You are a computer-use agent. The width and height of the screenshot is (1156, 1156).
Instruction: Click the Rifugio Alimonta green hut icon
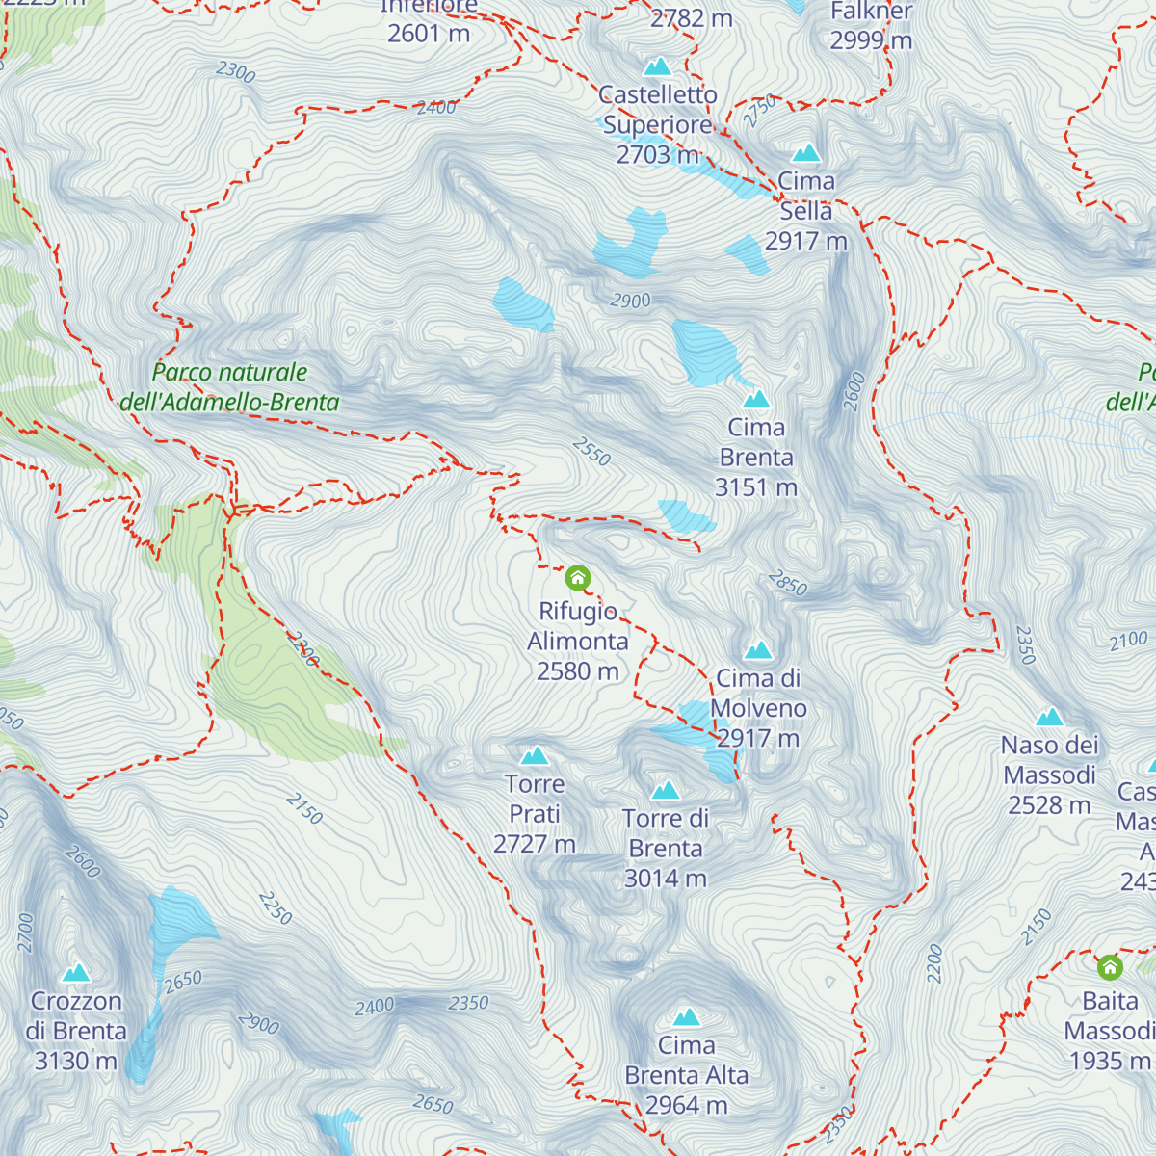pos(577,578)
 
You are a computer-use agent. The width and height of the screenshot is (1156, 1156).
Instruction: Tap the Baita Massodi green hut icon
pos(1110,966)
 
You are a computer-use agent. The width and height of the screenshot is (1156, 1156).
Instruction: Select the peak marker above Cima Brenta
pos(756,399)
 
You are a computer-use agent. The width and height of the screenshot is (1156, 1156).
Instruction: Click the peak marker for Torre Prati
pos(535,756)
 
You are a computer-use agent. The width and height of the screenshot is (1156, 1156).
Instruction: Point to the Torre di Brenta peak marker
pos(666,791)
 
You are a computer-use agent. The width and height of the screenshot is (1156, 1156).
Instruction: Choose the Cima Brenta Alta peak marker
pos(687,1017)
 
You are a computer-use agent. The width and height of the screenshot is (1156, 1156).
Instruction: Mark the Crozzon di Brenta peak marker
pos(76,973)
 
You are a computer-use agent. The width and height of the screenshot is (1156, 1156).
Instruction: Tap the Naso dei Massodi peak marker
pos(1049,718)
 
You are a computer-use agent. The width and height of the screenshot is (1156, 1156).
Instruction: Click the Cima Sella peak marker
pos(806,153)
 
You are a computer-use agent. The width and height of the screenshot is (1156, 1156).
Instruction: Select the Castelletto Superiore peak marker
pos(658,66)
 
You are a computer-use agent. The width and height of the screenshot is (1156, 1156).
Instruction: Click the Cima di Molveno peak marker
pos(758,650)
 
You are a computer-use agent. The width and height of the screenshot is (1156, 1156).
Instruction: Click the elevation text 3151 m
pos(756,487)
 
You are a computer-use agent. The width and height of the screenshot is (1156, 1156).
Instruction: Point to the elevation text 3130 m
pos(76,1061)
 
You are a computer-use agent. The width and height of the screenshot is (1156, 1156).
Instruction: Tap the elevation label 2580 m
pos(578,670)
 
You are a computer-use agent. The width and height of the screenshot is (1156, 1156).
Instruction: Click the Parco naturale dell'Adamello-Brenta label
pos(230,387)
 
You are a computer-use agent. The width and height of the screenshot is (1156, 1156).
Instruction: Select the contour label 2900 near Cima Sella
pos(630,301)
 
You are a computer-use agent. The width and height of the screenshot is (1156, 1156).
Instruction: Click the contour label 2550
pos(591,451)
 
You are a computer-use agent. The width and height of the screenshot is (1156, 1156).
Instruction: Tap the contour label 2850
pos(788,583)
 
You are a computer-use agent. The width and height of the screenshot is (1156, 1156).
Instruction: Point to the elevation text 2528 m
pos(1049,805)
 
